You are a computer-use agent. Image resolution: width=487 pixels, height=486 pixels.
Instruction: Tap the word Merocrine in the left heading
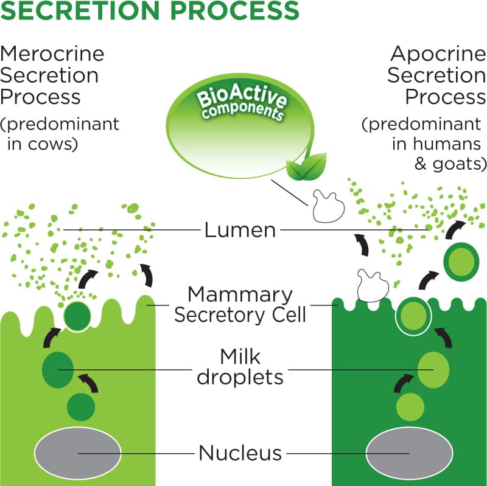click(52, 54)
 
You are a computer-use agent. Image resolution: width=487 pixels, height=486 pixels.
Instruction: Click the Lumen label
click(240, 230)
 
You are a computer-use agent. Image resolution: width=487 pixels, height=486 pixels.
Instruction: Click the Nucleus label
click(240, 453)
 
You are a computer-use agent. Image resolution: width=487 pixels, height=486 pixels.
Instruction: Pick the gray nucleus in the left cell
click(77, 453)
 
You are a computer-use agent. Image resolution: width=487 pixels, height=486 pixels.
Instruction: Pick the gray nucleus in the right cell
click(409, 453)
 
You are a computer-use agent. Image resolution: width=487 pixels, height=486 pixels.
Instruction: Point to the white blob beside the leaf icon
click(328, 205)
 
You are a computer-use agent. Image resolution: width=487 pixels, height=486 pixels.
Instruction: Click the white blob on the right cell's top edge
click(373, 286)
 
